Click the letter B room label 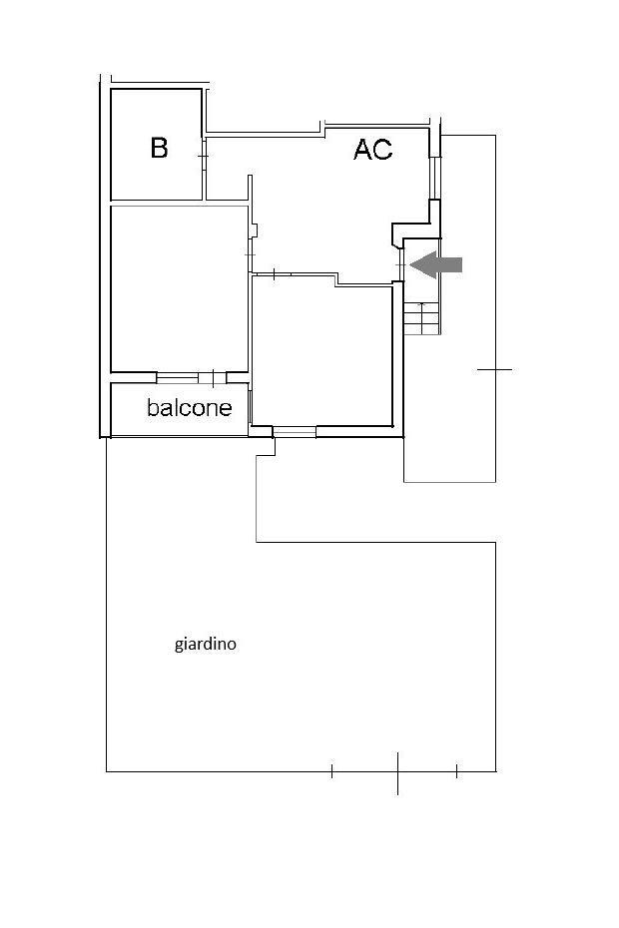[x=159, y=148]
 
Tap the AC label [x=373, y=149]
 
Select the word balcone [x=189, y=407]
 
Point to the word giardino [x=205, y=644]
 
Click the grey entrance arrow [x=436, y=264]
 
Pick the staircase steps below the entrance [x=421, y=318]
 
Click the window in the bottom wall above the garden [x=295, y=432]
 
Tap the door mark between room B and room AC [x=203, y=156]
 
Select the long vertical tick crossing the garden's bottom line [x=397, y=773]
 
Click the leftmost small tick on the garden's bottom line [x=331, y=770]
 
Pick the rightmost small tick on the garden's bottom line [x=456, y=770]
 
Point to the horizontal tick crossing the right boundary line [x=494, y=370]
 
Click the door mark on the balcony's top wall [x=212, y=377]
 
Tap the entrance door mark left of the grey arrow [x=401, y=264]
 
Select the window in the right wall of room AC [x=435, y=178]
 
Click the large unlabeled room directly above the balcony [x=180, y=288]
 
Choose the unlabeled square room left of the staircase [x=322, y=355]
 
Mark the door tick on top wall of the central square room [x=275, y=274]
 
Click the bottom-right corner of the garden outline [x=496, y=771]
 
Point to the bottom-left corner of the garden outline [x=107, y=771]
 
